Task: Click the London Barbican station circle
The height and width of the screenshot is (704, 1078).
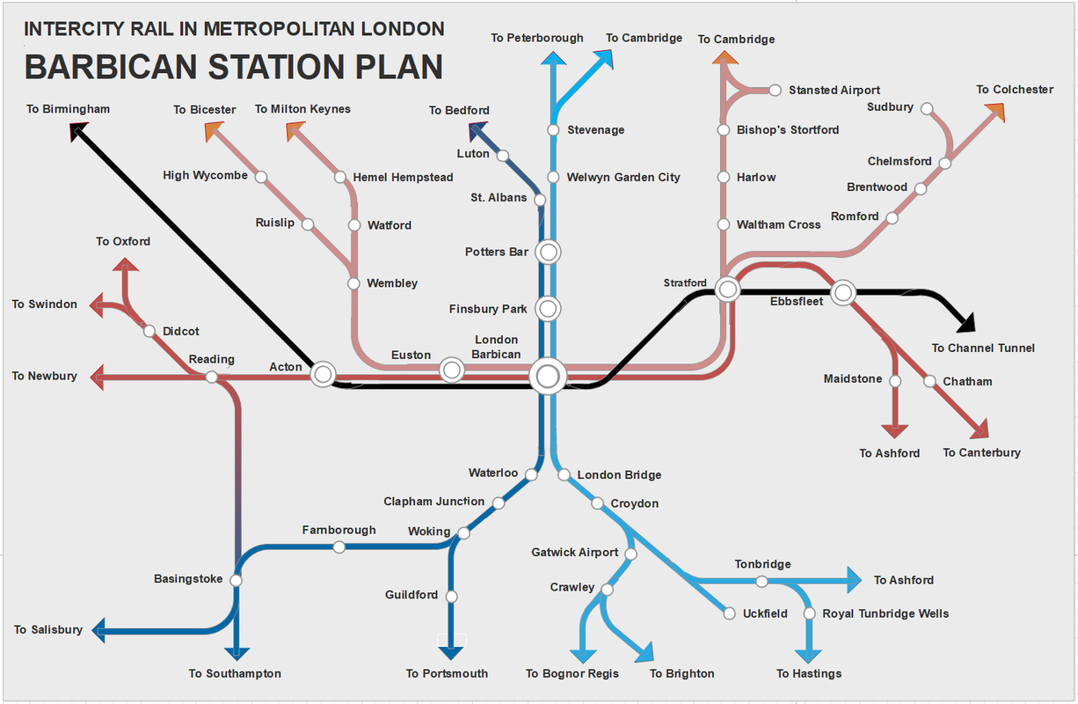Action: [x=548, y=377]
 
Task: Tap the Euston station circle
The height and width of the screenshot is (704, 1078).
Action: [x=452, y=370]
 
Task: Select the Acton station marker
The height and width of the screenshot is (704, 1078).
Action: [x=323, y=374]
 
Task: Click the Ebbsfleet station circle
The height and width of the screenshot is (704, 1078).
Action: [x=843, y=292]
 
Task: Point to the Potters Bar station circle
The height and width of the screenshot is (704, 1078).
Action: [x=548, y=252]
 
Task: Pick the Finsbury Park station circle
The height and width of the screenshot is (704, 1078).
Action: [x=548, y=309]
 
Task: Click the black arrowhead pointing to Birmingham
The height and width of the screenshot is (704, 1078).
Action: [x=77, y=131]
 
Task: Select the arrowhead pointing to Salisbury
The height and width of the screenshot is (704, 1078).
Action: [x=100, y=629]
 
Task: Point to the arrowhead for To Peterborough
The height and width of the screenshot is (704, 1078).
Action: [x=552, y=59]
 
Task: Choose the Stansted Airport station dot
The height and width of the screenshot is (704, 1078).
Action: [x=775, y=90]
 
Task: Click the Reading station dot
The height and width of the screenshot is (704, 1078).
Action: [x=211, y=377]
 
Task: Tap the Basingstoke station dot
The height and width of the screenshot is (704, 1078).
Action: [x=236, y=580]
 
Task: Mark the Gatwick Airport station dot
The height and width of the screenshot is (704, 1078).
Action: [x=630, y=554]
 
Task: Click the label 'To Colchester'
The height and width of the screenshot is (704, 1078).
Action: [x=1014, y=90]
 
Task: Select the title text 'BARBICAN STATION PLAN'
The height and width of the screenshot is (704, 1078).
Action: [x=234, y=67]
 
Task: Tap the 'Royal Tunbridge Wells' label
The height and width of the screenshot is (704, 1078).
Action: [x=885, y=613]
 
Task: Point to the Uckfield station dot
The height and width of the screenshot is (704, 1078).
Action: [x=729, y=613]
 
